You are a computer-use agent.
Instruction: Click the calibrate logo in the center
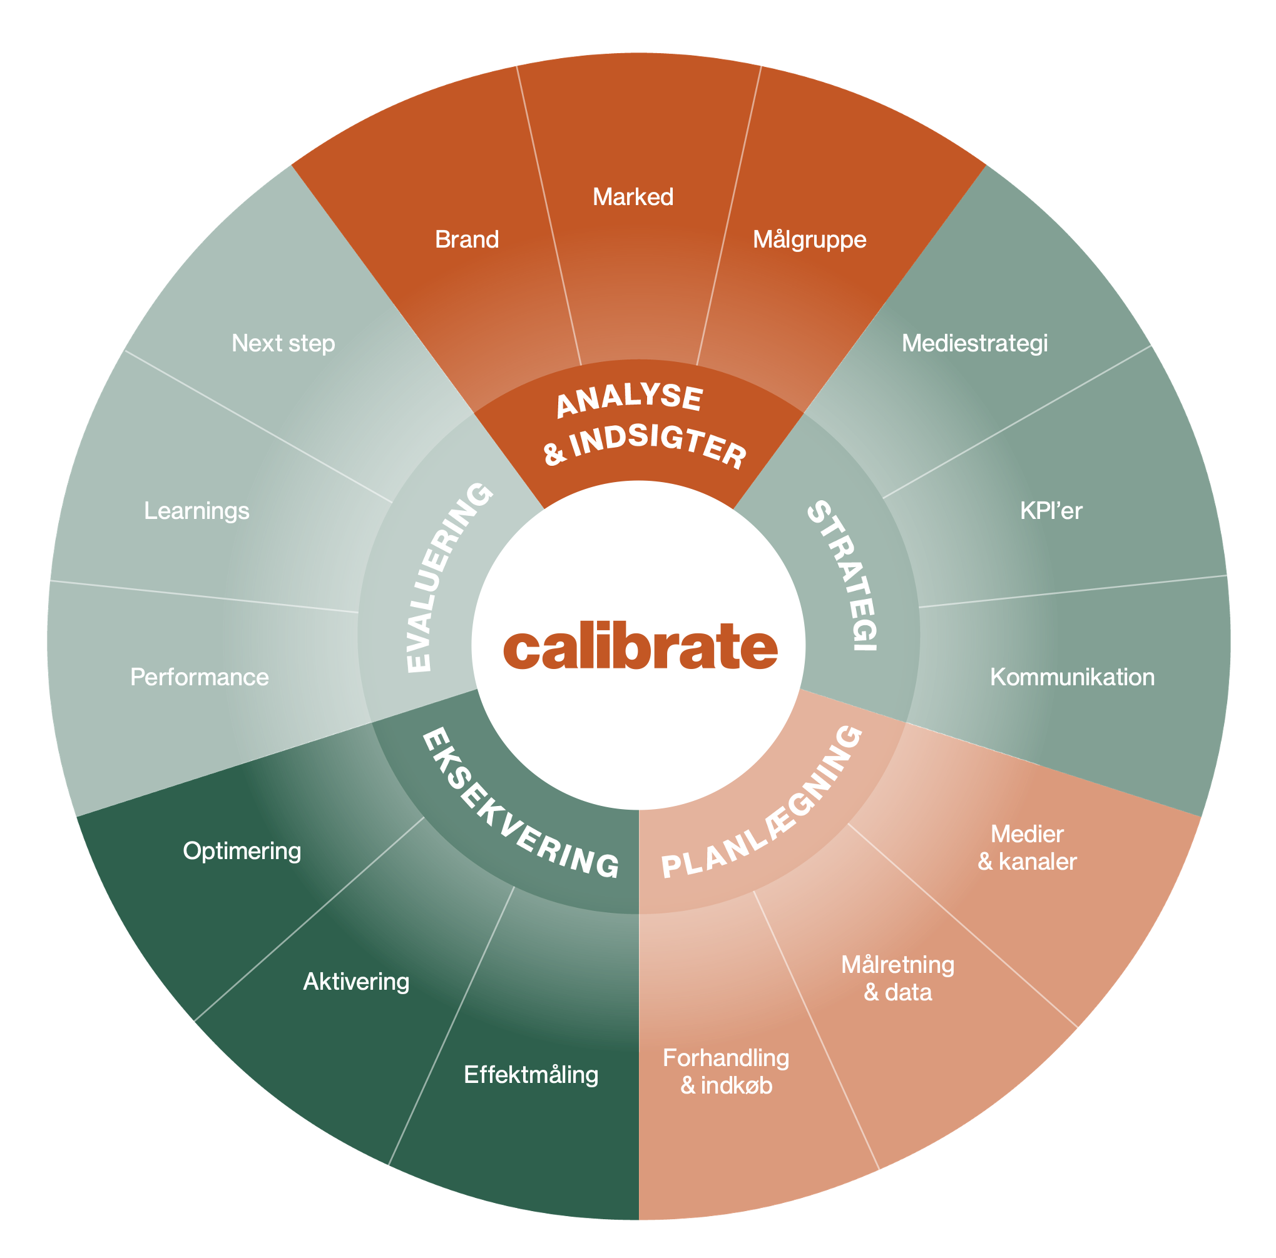[x=640, y=646]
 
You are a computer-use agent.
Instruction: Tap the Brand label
[x=466, y=239]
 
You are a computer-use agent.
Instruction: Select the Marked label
[x=633, y=197]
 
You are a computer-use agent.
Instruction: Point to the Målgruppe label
[x=809, y=239]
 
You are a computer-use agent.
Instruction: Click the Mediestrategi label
[x=974, y=343]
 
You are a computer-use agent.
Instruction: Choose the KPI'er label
[x=1051, y=510]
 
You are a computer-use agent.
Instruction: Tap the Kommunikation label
[x=1072, y=677]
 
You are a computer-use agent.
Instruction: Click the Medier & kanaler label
[x=1027, y=847]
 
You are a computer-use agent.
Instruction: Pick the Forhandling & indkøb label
[x=726, y=1071]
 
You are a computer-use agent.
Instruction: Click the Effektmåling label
[x=531, y=1075]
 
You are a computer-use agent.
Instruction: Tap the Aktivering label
[x=356, y=982]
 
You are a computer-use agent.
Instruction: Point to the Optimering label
[x=242, y=852]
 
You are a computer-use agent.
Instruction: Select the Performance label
[x=200, y=677]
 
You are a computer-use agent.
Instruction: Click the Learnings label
[x=197, y=511]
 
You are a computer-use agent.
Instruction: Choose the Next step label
[x=283, y=344]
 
